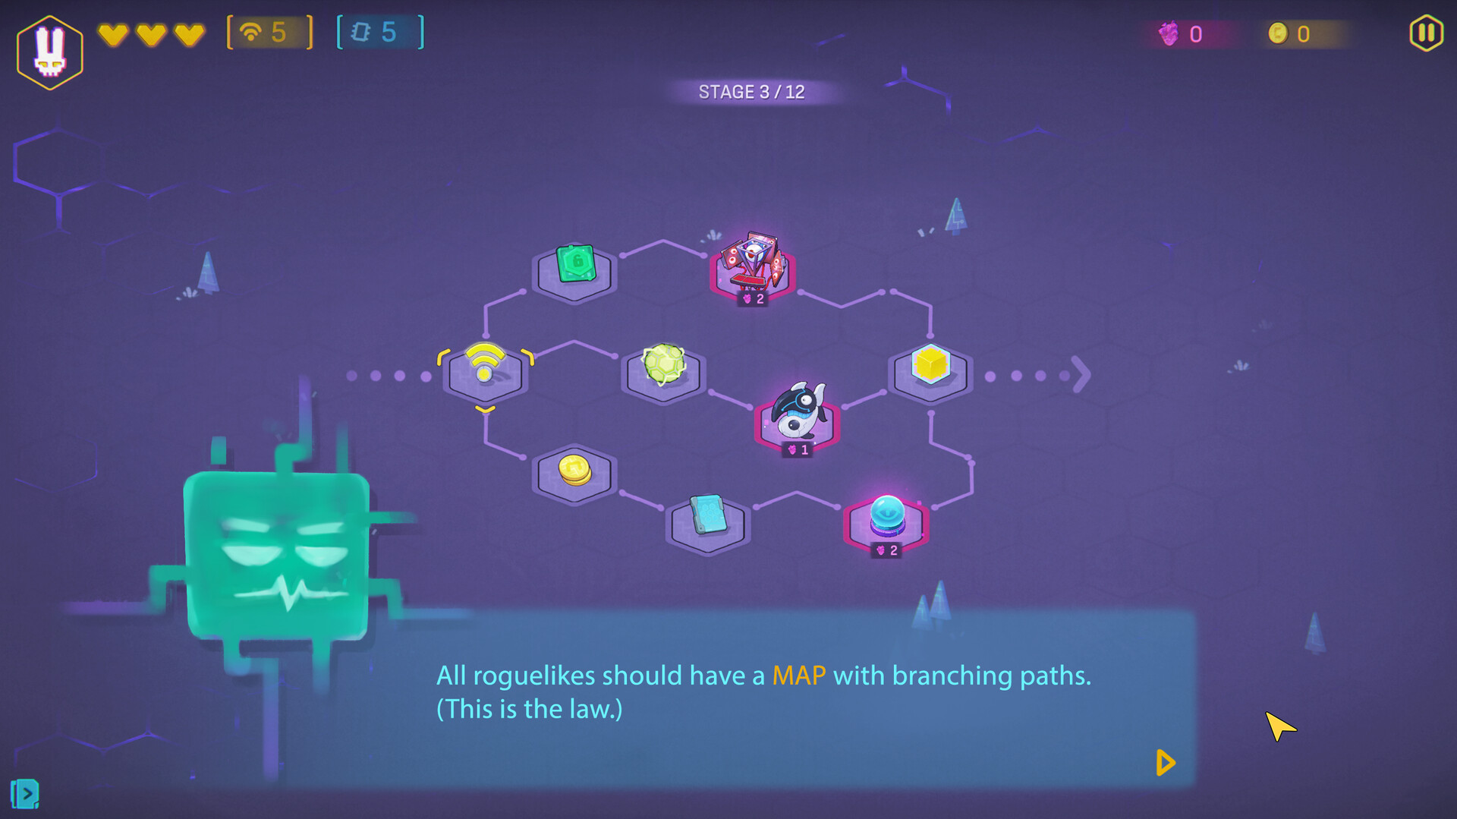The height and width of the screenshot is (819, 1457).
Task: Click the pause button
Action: (1426, 33)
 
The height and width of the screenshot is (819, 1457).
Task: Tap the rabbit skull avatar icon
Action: (50, 52)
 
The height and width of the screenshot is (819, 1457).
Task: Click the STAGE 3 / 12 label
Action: (751, 92)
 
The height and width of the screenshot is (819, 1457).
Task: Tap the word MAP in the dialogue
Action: (798, 676)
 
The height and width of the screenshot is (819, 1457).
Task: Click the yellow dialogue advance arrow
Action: (1166, 763)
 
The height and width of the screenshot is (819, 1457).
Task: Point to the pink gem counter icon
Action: (1168, 33)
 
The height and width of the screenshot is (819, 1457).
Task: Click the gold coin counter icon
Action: (1278, 33)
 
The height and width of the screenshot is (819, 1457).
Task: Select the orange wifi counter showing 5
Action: (269, 33)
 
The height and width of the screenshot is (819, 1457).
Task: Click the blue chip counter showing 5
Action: (380, 33)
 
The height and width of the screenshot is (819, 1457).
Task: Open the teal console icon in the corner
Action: (25, 794)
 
